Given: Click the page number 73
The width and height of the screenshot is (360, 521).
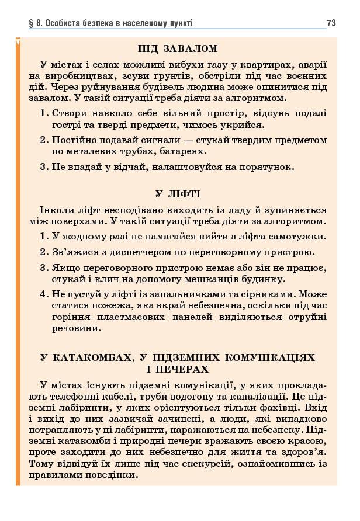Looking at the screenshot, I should point(331,23).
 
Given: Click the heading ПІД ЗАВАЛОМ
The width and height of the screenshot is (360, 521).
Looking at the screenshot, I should point(178,48).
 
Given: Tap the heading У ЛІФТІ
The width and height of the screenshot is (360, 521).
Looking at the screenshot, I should point(178,194).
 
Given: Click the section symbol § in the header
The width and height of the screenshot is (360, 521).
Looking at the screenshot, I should point(30,23).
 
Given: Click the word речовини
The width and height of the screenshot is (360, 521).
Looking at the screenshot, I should point(72,329).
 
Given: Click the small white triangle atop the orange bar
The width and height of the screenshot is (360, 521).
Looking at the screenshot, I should point(18,42).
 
